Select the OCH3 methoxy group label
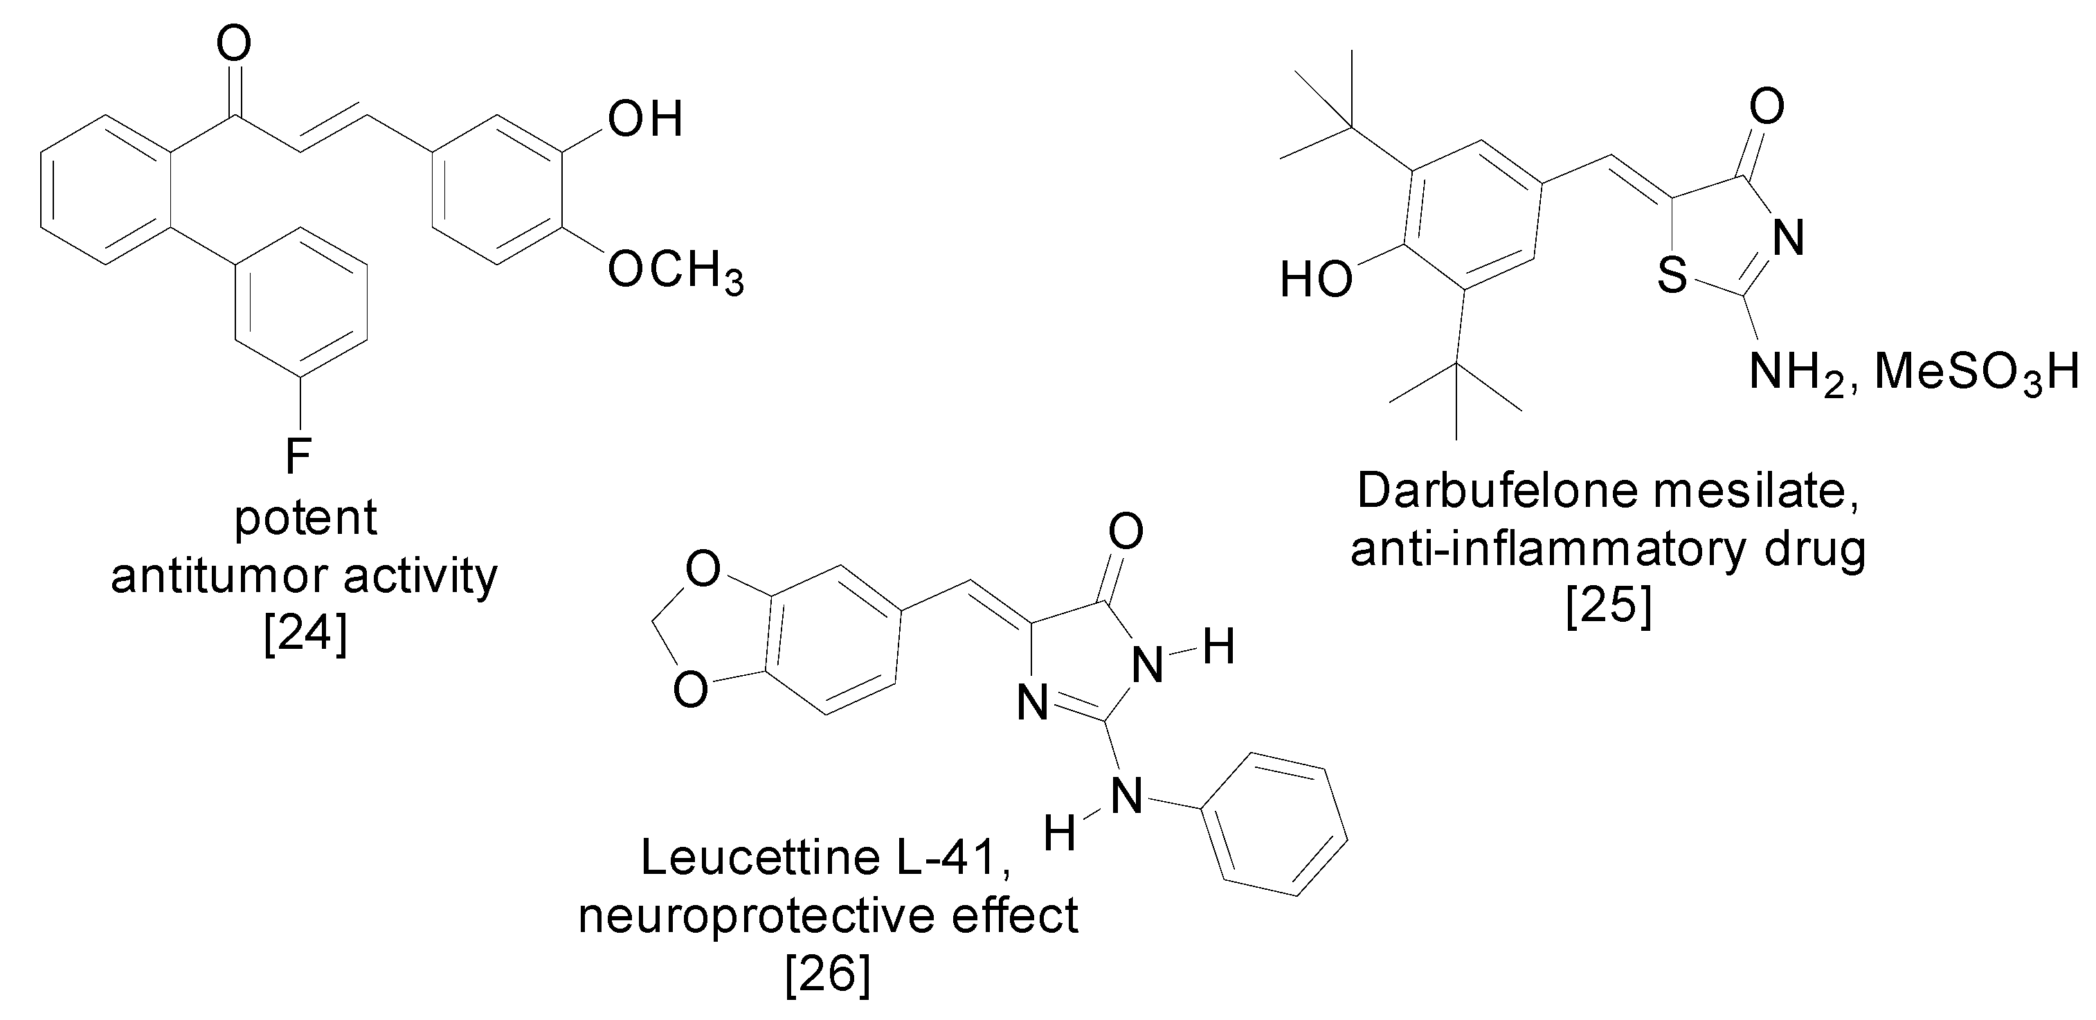pos(674,270)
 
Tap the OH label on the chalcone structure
pos(644,120)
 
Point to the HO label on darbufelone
pos(1316,280)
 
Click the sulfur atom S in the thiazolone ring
pos(1673,274)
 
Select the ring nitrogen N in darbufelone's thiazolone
pos(1787,238)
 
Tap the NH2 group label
pos(1799,374)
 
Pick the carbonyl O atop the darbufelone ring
pos(1767,107)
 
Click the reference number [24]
pos(305,634)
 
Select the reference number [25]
pos(1609,607)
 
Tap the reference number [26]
pos(827,974)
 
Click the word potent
pos(305,518)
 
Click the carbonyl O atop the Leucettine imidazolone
pos(1126,532)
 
